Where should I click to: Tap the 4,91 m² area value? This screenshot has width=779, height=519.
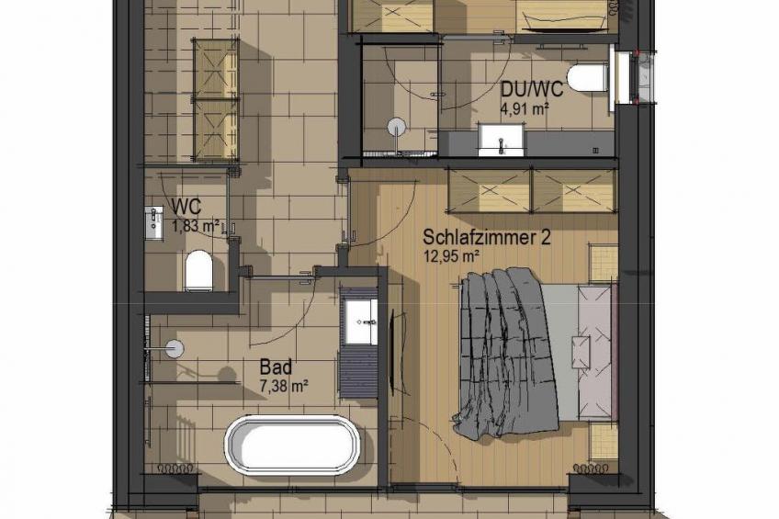click(x=525, y=108)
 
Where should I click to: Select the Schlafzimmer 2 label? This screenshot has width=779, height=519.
click(x=487, y=238)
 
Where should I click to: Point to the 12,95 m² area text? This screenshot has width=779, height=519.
click(x=450, y=256)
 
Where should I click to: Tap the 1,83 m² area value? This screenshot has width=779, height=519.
click(x=197, y=224)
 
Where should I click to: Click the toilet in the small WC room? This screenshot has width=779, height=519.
click(x=198, y=271)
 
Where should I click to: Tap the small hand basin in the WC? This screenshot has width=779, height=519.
click(x=154, y=221)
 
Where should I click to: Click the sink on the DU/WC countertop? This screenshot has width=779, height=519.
click(x=501, y=143)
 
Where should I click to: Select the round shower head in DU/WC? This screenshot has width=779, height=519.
click(x=396, y=127)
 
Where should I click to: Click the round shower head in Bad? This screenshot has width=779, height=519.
click(x=174, y=347)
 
